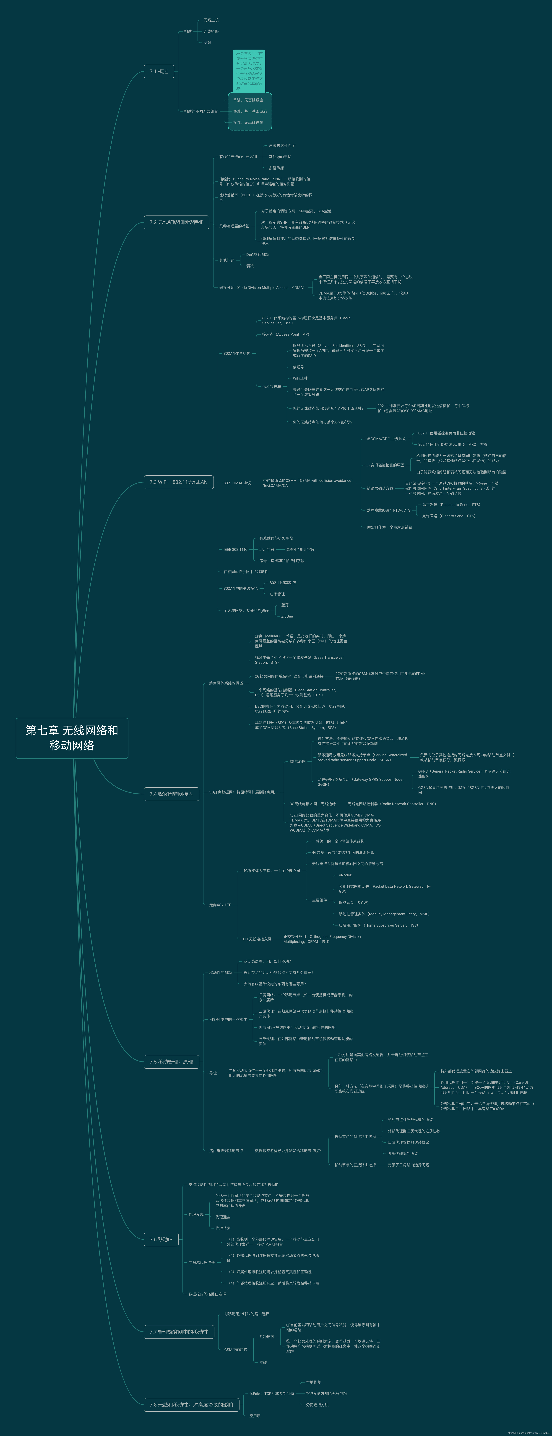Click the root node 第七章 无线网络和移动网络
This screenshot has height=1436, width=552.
pyautogui.click(x=72, y=737)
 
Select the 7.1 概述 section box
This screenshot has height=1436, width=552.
pyautogui.click(x=159, y=71)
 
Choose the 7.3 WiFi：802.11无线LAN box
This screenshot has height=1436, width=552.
pyautogui.click(x=178, y=482)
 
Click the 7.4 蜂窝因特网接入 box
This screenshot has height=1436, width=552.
pyautogui.click(x=171, y=794)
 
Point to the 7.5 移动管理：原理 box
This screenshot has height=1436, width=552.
pyautogui.click(x=171, y=1061)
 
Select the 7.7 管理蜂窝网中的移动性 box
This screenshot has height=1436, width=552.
pyautogui.click(x=178, y=1332)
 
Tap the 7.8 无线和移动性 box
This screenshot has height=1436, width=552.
pyautogui.click(x=191, y=1405)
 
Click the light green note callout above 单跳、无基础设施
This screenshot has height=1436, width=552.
pyautogui.click(x=249, y=71)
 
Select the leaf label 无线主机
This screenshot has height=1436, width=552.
pyautogui.click(x=211, y=20)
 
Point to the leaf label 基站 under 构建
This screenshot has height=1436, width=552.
pyautogui.click(x=207, y=42)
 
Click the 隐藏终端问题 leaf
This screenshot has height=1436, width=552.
pyautogui.click(x=257, y=255)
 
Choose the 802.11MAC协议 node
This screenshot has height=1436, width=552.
pyautogui.click(x=237, y=483)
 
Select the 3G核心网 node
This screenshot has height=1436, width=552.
pyautogui.click(x=297, y=761)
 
